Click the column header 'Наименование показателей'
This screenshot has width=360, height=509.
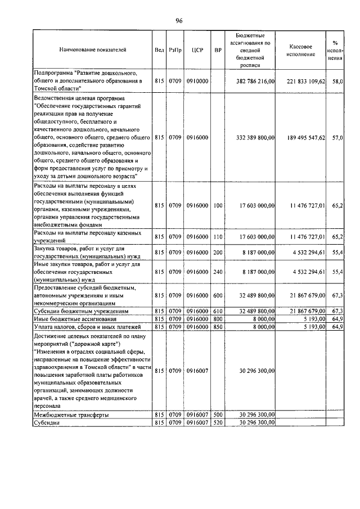(x=92, y=50)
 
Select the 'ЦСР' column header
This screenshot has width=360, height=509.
(x=197, y=50)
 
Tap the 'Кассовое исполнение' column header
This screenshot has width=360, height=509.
(x=304, y=50)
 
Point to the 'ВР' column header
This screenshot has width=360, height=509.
(x=218, y=50)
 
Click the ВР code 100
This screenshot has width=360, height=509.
(x=218, y=206)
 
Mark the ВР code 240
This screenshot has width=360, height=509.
(x=218, y=272)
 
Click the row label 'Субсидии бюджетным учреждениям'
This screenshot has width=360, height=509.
(x=82, y=310)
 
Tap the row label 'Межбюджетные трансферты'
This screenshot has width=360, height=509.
(x=71, y=415)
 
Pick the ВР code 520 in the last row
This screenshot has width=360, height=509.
(x=218, y=422)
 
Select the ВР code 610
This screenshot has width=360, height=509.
(x=218, y=310)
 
